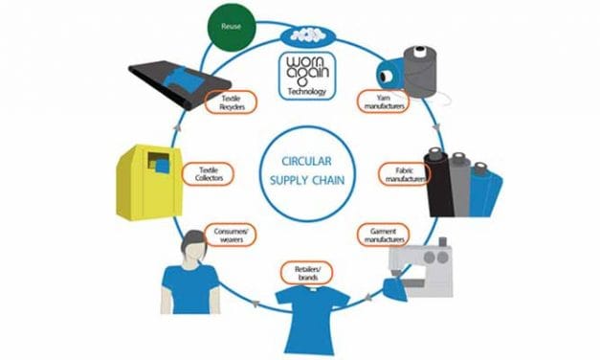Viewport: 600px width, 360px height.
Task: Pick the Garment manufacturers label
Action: click(x=383, y=234)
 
